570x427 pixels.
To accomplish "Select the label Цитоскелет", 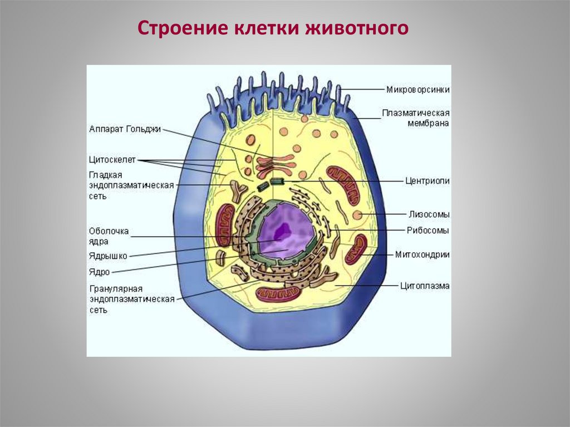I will click(x=111, y=160).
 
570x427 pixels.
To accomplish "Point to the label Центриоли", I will click(x=427, y=181).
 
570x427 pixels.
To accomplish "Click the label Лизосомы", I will click(x=429, y=214).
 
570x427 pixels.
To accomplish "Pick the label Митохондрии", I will click(x=422, y=254).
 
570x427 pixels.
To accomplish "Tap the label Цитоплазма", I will click(x=425, y=286).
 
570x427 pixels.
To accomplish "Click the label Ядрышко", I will click(x=108, y=256).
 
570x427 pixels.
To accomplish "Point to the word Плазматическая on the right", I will click(x=415, y=113).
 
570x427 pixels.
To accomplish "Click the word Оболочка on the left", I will click(x=109, y=230).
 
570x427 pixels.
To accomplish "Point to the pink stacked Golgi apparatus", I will click(x=274, y=164).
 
